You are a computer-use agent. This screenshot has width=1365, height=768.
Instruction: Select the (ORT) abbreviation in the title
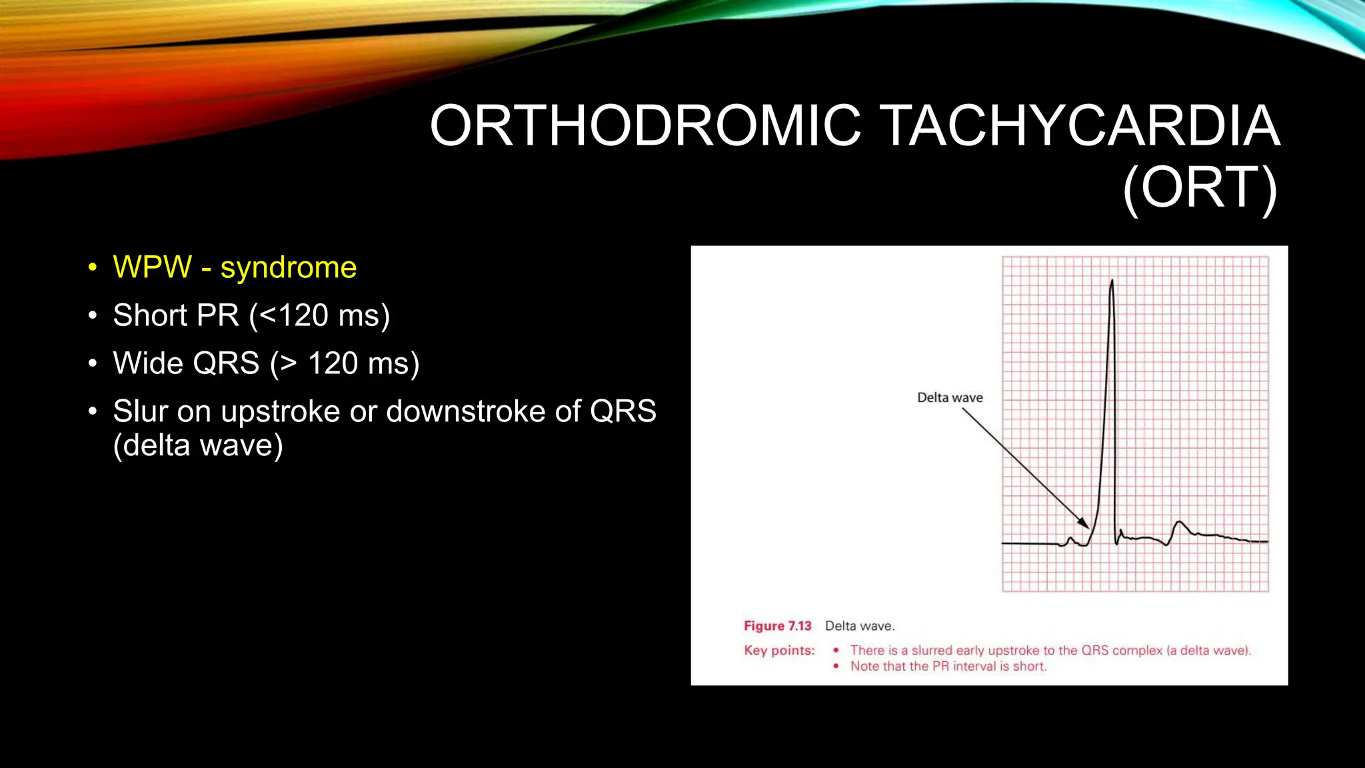pyautogui.click(x=1200, y=189)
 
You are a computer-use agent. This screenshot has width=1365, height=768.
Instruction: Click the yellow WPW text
pyautogui.click(x=152, y=267)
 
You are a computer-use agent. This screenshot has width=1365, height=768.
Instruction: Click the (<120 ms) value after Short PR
pyautogui.click(x=319, y=315)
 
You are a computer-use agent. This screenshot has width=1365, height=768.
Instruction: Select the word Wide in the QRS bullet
pyautogui.click(x=147, y=363)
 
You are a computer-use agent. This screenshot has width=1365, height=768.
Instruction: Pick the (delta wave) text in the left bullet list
pyautogui.click(x=198, y=445)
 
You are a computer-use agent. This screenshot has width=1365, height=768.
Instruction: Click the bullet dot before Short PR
pyautogui.click(x=93, y=315)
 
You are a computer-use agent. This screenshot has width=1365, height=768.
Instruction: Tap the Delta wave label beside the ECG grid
pyautogui.click(x=950, y=398)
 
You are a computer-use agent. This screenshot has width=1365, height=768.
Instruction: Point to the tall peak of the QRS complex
pyautogui.click(x=1112, y=283)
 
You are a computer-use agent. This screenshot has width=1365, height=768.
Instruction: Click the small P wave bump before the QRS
pyautogui.click(x=1071, y=539)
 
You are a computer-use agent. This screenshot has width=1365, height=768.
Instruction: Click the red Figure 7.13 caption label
pyautogui.click(x=777, y=626)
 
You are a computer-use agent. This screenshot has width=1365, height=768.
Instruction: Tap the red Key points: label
pyautogui.click(x=779, y=651)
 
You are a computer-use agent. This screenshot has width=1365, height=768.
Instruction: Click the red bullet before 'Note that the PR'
pyautogui.click(x=836, y=666)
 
